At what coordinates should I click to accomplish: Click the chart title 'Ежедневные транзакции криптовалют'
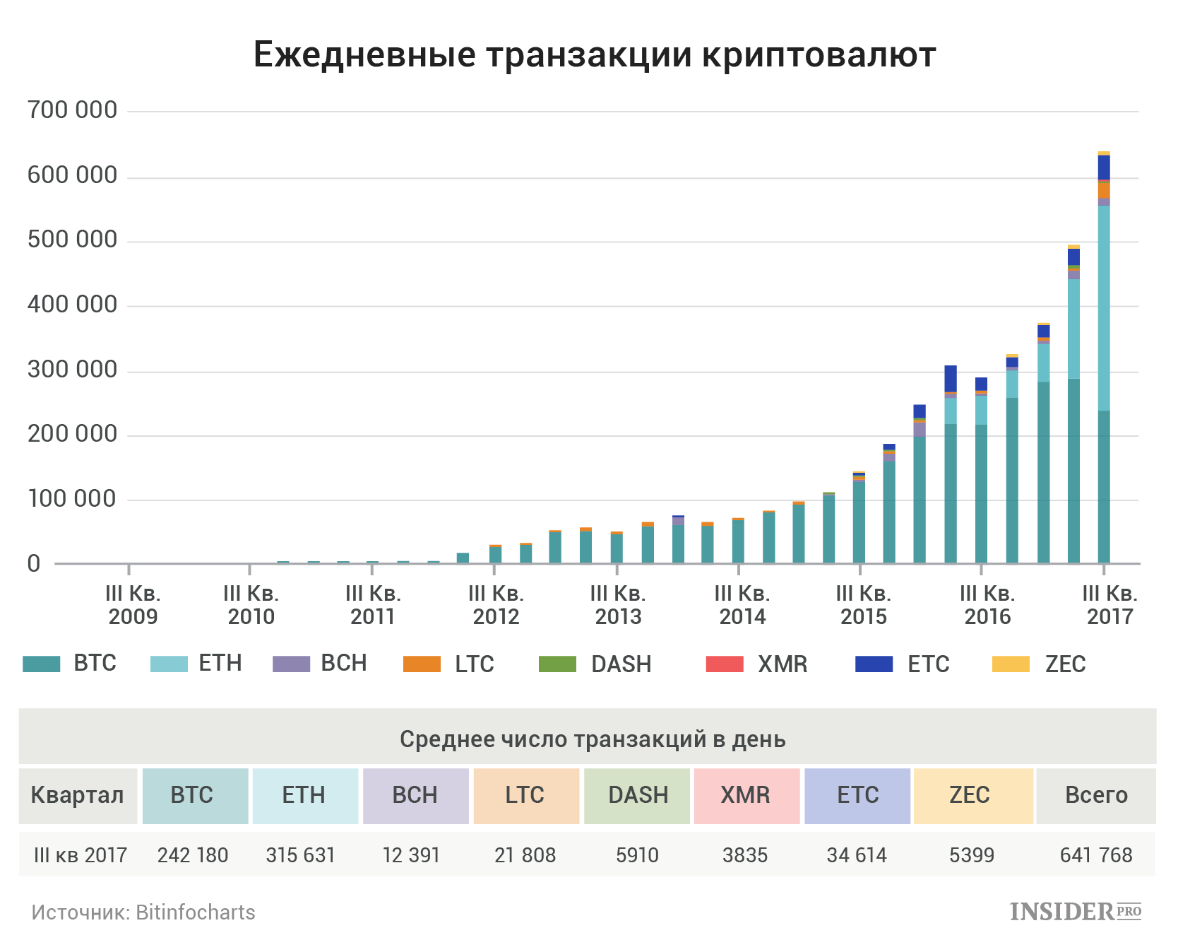595,55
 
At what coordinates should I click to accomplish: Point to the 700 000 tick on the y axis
72,110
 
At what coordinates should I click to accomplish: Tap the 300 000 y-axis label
72,370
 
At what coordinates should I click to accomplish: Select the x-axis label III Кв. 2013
618,605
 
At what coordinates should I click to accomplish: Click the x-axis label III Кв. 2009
133,605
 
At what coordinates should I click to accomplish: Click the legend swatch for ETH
169,664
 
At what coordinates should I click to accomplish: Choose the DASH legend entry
595,664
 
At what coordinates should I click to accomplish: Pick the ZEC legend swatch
1011,664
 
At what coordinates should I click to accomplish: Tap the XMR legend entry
757,664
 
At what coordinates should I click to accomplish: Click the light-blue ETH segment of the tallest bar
1104,308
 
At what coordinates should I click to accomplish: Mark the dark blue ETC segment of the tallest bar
1104,168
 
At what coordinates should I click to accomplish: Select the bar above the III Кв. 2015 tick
859,517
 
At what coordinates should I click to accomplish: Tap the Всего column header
1096,796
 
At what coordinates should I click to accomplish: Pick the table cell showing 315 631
300,855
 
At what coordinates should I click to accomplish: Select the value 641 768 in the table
1096,855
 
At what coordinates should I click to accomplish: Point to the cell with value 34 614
857,855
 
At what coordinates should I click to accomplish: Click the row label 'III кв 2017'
81,855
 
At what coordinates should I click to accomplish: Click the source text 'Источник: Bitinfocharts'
143,912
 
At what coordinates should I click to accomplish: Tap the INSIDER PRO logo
1076,912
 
